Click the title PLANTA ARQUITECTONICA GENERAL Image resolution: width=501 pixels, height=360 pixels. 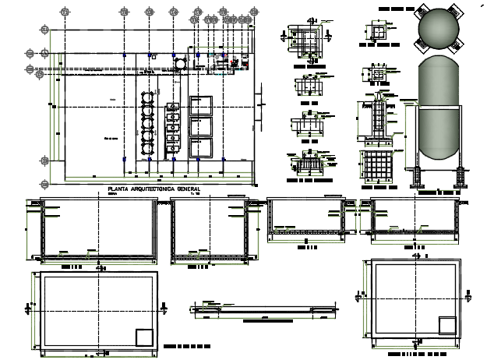tap(153, 189)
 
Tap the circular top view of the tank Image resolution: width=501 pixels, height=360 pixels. tap(440, 29)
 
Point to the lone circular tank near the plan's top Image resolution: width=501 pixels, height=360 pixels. tap(181, 62)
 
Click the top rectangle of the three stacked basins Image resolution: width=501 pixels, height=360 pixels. tap(201, 104)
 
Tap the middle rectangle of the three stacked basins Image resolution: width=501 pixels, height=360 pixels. tap(201, 126)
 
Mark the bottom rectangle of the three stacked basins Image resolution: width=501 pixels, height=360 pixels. tap(201, 147)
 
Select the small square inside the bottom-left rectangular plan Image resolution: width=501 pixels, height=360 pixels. tap(145, 337)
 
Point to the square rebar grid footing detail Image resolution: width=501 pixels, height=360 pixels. tap(379, 166)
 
